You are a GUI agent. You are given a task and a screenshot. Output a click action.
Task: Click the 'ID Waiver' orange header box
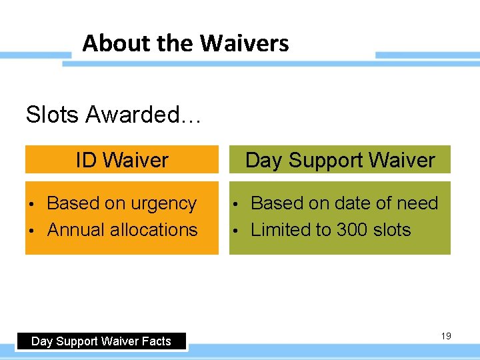(x=122, y=160)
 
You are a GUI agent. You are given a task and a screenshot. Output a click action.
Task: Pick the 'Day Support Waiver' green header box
(x=340, y=160)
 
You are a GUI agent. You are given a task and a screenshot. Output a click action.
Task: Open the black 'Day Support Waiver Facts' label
(x=101, y=341)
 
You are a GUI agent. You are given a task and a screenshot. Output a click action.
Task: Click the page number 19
(x=446, y=336)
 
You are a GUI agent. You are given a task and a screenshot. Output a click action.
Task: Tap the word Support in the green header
(x=325, y=161)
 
